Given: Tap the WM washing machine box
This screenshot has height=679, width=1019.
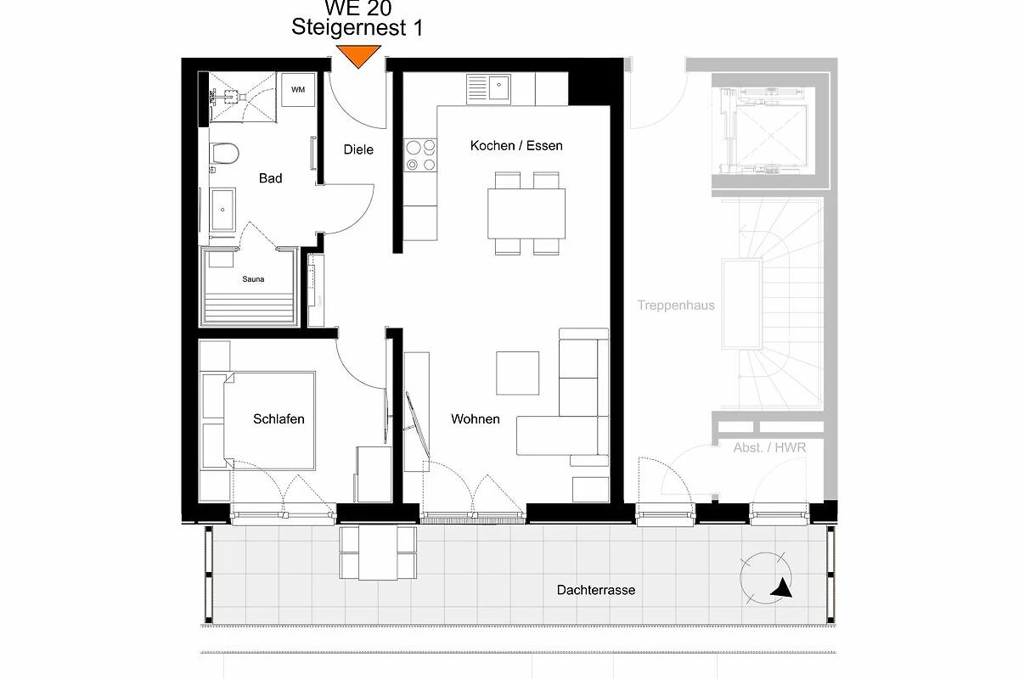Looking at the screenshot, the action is point(298,90).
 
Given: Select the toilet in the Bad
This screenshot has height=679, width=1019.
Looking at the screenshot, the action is point(223,154).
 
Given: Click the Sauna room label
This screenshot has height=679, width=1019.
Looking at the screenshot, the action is point(253,278).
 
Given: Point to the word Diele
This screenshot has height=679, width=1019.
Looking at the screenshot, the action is point(358,149).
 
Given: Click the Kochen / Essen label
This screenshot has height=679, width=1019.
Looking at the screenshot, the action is point(516,145).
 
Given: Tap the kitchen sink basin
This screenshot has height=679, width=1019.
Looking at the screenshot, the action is point(499,87).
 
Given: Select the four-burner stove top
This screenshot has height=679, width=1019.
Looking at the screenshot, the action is point(420,155).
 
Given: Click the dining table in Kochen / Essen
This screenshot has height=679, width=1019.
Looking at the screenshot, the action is point(526,214).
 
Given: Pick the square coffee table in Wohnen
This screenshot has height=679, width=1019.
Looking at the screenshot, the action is point(518,373).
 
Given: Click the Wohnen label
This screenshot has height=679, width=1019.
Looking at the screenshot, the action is point(476,419).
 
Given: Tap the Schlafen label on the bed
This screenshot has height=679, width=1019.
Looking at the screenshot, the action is point(279,419).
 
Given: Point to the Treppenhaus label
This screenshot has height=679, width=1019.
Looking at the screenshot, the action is point(676,306).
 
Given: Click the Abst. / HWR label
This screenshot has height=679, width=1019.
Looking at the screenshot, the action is point(769,447).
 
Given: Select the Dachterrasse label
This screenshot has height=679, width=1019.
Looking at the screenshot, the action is point(596,590).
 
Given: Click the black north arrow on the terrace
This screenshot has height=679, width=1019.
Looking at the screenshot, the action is point(782,587).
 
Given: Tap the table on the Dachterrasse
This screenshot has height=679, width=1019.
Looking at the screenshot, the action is point(378,553).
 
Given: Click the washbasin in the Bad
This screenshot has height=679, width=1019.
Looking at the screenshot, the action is point(222,210).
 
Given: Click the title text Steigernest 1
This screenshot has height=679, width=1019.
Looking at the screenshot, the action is point(357,27).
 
